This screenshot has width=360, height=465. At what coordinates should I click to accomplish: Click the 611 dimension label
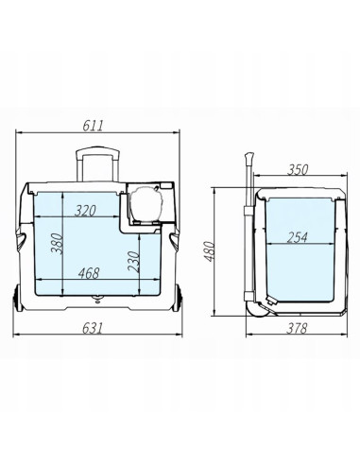point(93,126)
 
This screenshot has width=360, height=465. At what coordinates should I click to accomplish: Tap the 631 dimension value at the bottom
point(93,328)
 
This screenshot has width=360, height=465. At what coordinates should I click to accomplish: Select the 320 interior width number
point(85,211)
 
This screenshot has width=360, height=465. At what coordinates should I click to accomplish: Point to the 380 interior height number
point(58,243)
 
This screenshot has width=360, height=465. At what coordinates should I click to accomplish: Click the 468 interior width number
point(89,273)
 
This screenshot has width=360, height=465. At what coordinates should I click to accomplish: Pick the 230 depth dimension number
point(133,261)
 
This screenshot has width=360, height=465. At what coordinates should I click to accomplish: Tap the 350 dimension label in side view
point(298,170)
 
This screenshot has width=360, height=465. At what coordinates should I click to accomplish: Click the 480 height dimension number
point(209,251)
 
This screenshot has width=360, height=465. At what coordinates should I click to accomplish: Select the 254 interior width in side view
point(297,237)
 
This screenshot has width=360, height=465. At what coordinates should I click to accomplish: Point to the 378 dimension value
point(297,328)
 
